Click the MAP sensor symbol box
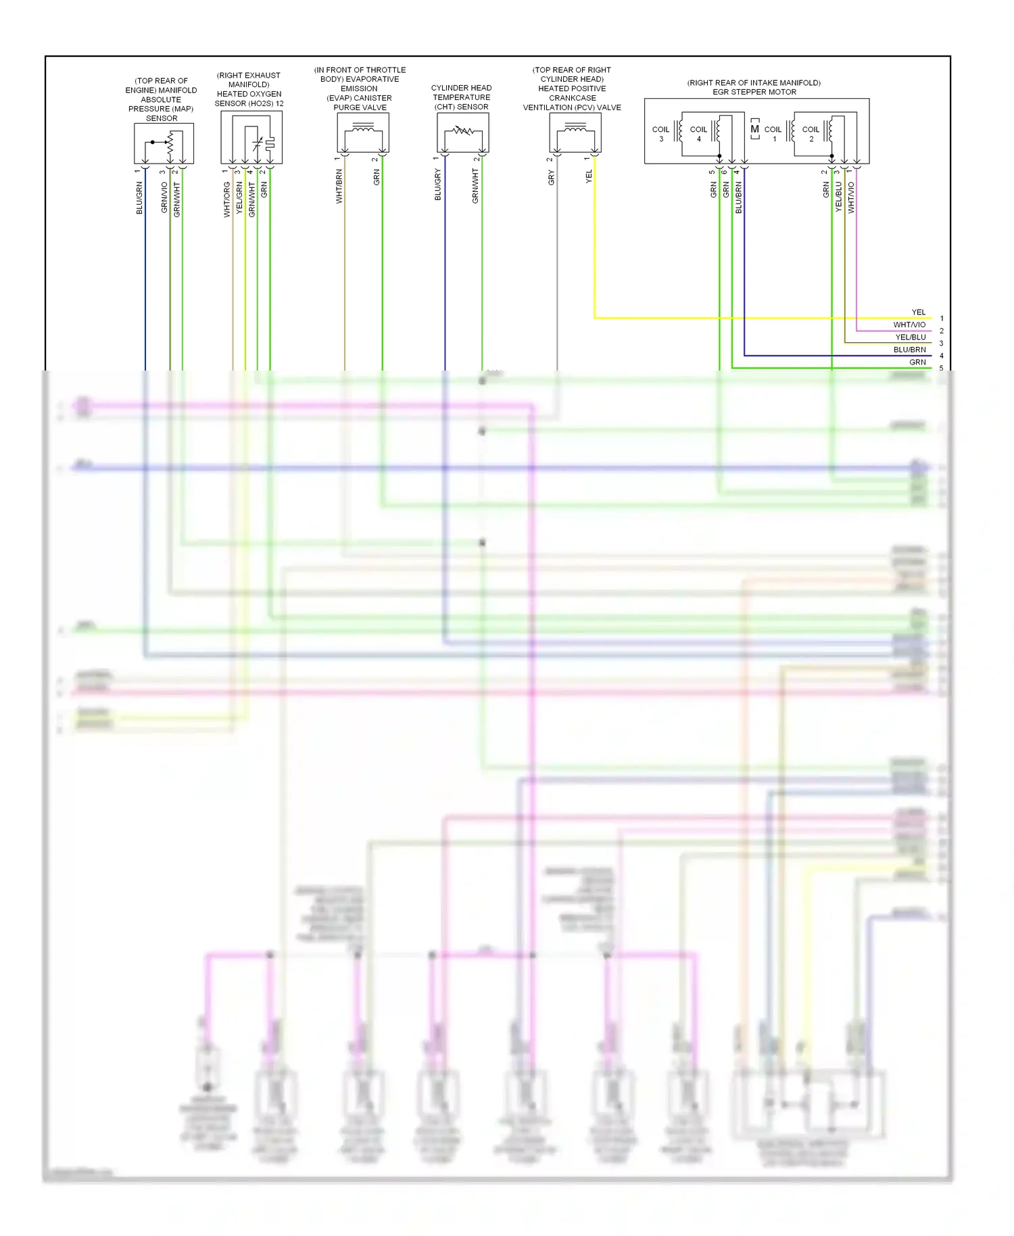coord(164,143)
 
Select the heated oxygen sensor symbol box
coord(251,137)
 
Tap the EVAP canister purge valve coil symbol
coord(363,133)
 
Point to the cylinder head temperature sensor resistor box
coord(463,133)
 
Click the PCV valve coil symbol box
coord(575,133)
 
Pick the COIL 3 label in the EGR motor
coord(660,134)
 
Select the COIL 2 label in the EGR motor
coord(811,134)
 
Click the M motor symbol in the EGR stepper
coord(755,129)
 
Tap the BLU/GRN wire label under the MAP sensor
coord(139,198)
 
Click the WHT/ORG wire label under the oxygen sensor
coord(227,199)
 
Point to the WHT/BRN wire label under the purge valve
coord(339,187)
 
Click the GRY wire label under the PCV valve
coord(552,178)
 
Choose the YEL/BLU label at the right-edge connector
coord(911,337)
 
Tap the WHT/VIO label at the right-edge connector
coord(909,325)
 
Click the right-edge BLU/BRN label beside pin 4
coord(909,350)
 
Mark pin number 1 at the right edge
coord(942,318)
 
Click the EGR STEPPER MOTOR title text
coord(754,92)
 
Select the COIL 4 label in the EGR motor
coord(698,134)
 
